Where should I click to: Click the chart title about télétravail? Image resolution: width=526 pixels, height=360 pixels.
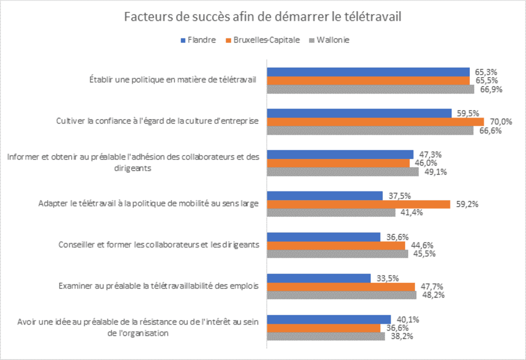(263, 18)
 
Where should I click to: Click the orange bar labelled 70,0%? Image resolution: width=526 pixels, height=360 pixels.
(376, 122)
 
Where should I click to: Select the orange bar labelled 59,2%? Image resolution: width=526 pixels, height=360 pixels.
(359, 204)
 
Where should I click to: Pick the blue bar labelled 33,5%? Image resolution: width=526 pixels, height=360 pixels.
(319, 278)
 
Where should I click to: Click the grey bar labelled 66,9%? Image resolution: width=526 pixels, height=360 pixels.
(370, 89)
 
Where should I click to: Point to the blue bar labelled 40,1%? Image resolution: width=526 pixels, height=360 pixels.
(329, 319)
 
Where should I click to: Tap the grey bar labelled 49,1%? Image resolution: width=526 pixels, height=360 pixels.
(343, 172)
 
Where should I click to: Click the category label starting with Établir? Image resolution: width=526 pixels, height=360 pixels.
(173, 81)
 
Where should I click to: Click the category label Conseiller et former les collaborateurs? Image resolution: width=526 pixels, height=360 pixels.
(159, 245)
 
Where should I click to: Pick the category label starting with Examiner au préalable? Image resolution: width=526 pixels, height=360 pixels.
(159, 286)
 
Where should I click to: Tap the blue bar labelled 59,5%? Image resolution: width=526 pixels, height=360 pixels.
(359, 113)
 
